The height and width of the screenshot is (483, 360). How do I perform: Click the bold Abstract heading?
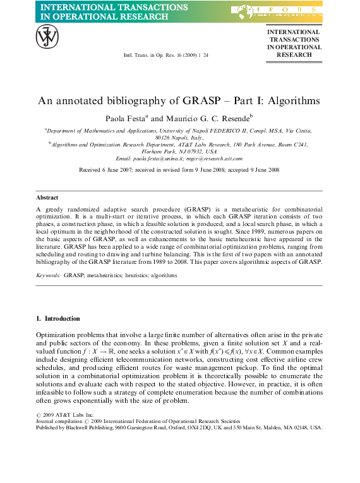48,198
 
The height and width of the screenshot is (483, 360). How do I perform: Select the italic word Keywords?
48,275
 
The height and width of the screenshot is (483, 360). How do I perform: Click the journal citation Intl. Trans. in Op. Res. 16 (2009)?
166,56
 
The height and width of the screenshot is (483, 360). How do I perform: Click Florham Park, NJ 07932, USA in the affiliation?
179,152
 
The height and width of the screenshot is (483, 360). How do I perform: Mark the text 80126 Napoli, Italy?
179,137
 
